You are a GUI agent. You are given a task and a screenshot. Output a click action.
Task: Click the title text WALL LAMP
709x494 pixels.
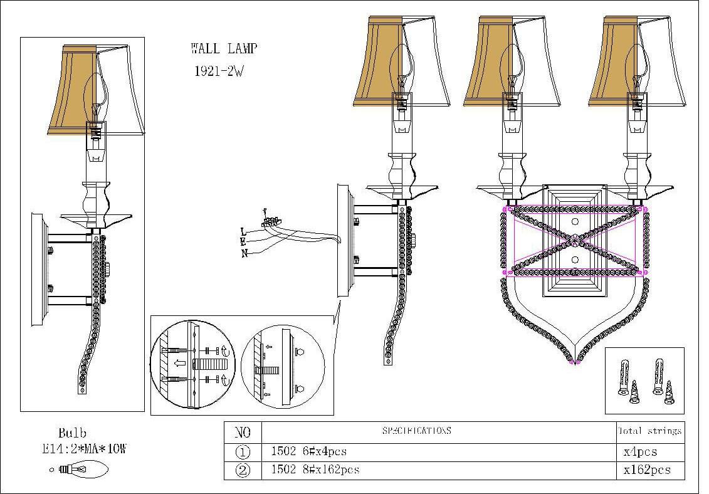tap(223, 49)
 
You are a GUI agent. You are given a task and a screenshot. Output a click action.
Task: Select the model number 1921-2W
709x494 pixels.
tap(219, 71)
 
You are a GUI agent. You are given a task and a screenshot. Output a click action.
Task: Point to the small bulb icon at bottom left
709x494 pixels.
tap(82, 468)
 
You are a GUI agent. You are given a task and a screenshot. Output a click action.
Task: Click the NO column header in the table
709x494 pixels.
tap(242, 432)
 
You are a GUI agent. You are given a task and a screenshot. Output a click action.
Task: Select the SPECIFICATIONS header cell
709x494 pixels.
tap(416, 431)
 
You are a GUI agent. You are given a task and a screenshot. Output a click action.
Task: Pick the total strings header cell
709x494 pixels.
tap(649, 431)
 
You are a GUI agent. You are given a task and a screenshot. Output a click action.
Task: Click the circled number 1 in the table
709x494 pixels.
tap(243, 452)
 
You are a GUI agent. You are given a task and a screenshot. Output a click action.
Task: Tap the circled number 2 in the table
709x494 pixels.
tap(243, 470)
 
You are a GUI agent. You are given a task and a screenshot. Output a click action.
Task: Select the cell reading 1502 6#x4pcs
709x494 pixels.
tap(308, 451)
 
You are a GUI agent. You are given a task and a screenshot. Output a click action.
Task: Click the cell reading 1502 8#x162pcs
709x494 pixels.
tap(315, 470)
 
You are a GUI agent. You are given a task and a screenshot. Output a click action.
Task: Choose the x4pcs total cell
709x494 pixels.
tap(640, 451)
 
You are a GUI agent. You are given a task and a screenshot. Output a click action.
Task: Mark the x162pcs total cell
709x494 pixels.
tap(646, 470)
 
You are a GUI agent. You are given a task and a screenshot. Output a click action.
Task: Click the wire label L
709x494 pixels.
tap(243, 231)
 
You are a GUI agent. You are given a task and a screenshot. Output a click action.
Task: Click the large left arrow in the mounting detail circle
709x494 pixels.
tap(179, 364)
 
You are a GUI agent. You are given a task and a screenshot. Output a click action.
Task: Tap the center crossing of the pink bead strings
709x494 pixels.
tap(574, 239)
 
